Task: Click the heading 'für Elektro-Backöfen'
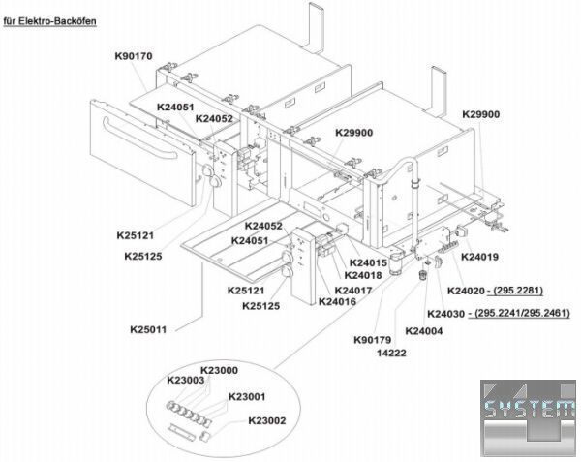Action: pyautogui.click(x=51, y=18)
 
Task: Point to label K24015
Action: pyautogui.click(x=368, y=263)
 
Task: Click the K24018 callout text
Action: pyautogui.click(x=363, y=276)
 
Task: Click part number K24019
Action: pyautogui.click(x=479, y=257)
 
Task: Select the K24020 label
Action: pyautogui.click(x=466, y=291)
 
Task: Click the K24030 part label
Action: pyautogui.click(x=446, y=313)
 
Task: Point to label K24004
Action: pyautogui.click(x=423, y=331)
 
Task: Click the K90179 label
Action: pyautogui.click(x=372, y=340)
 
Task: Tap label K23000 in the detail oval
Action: pyautogui.click(x=219, y=370)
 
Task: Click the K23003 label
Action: pyautogui.click(x=185, y=381)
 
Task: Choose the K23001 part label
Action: pyautogui.click(x=248, y=396)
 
